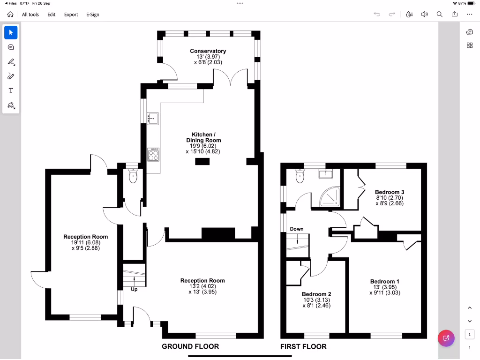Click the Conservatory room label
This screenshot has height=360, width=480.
(208, 51)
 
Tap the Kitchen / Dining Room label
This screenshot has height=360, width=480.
(203, 137)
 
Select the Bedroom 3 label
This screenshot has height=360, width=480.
(389, 192)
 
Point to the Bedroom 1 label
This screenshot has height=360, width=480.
(384, 282)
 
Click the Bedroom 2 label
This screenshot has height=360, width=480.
(316, 294)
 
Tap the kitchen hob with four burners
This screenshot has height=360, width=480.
(153, 154)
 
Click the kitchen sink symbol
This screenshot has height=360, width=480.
(152, 119)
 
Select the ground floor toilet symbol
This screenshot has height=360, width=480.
(133, 177)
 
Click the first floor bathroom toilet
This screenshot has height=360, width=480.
(300, 176)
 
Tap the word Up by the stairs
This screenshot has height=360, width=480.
(134, 289)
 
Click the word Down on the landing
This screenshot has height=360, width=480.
(296, 229)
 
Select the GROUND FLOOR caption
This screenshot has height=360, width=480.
(190, 346)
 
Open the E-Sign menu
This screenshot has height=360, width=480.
(92, 15)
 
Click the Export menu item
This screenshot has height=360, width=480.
(71, 15)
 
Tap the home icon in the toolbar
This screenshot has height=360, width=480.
(10, 15)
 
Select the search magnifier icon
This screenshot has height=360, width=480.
(439, 15)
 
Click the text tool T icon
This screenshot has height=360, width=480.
(11, 90)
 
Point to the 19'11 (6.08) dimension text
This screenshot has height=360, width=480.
(86, 242)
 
